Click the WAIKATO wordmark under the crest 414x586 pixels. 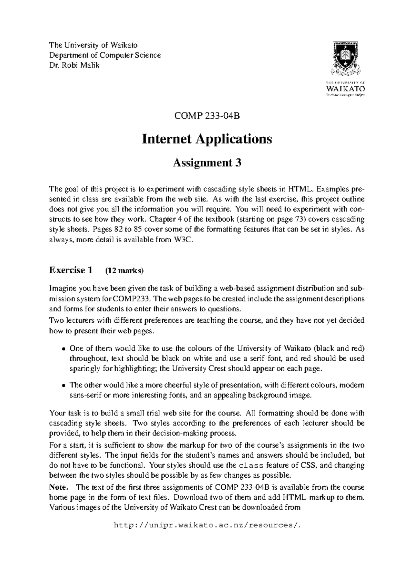click(x=345, y=89)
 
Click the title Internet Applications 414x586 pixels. click(x=207, y=139)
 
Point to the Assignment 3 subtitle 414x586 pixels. click(x=207, y=163)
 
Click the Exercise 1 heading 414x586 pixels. click(x=71, y=270)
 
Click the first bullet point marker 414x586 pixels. click(x=63, y=349)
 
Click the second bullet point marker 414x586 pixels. click(x=63, y=385)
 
